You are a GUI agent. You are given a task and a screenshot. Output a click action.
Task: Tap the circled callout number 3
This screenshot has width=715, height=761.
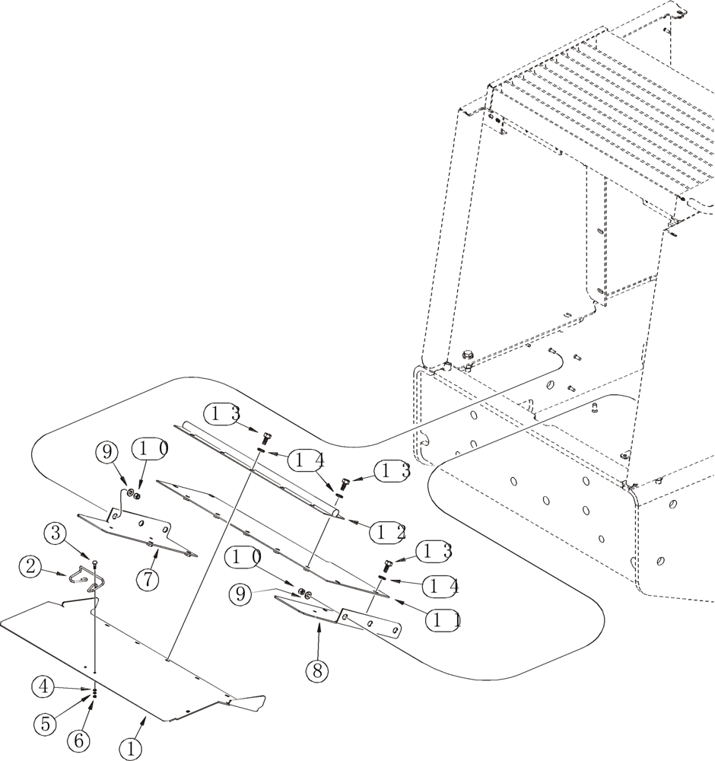[56, 532]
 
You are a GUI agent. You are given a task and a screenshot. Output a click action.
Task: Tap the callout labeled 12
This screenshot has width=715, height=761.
[389, 533]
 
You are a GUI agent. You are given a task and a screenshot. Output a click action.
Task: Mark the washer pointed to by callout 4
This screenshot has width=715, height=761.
[95, 689]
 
